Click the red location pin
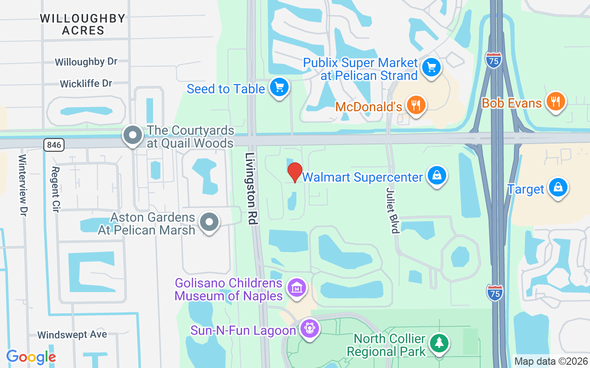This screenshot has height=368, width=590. pyautogui.click(x=295, y=172)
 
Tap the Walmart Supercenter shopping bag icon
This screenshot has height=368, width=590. pyautogui.click(x=436, y=176)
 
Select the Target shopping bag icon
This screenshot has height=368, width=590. pyautogui.click(x=558, y=188)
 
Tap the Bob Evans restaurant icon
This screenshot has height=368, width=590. pyautogui.click(x=556, y=101)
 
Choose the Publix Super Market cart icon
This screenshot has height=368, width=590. pyautogui.click(x=431, y=68)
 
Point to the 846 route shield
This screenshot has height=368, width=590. pyautogui.click(x=54, y=145)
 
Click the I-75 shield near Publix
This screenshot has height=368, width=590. pyautogui.click(x=493, y=60)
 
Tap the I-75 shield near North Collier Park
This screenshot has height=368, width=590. pyautogui.click(x=495, y=292)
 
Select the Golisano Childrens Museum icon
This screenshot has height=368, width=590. pyautogui.click(x=297, y=287)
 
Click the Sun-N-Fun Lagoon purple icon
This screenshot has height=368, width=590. pyautogui.click(x=309, y=329)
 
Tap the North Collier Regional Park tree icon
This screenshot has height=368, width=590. pyautogui.click(x=439, y=343)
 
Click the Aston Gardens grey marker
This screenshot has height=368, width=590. pyautogui.click(x=210, y=222)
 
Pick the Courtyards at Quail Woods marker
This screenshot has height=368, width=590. pyautogui.click(x=133, y=135)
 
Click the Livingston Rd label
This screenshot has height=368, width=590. pyautogui.click(x=251, y=189)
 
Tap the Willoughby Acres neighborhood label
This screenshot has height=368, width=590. pyautogui.click(x=83, y=24)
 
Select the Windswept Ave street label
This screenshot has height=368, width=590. pyautogui.click(x=72, y=334)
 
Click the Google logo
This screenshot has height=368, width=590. pyautogui.click(x=31, y=357)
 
